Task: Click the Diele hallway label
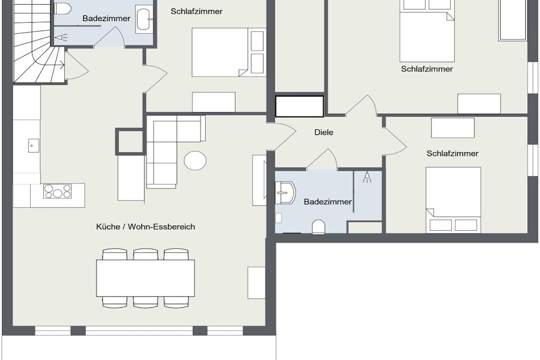pyautogui.click(x=324, y=132)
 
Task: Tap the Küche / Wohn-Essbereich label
pyautogui.click(x=146, y=227)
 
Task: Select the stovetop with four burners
pyautogui.click(x=57, y=191)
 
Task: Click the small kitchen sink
pyautogui.click(x=33, y=145)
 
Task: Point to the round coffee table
pyautogui.click(x=195, y=160)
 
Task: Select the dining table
pyautogui.click(x=146, y=278)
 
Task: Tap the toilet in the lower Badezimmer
pyautogui.click(x=319, y=228)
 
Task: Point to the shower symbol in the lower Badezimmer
pyautogui.click(x=367, y=177)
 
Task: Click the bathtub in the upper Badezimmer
pyautogui.click(x=144, y=20)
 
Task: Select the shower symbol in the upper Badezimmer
pyautogui.click(x=61, y=37)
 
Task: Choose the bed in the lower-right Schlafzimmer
pyautogui.click(x=453, y=200)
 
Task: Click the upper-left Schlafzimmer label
pyautogui.click(x=197, y=12)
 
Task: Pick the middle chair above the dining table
pyautogui.click(x=146, y=255)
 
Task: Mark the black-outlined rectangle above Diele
pyautogui.click(x=300, y=106)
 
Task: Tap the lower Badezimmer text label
pyautogui.click(x=327, y=202)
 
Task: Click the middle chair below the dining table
pyautogui.click(x=146, y=301)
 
